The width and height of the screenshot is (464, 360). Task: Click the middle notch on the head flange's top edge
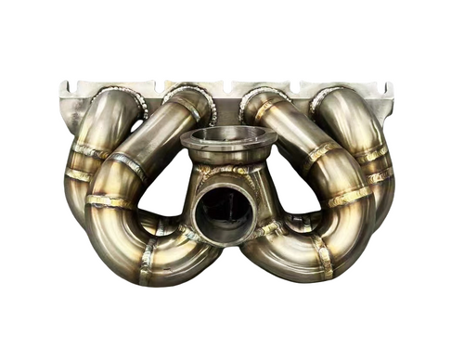click(227, 84)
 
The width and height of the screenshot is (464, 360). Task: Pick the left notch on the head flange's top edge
click(153, 86)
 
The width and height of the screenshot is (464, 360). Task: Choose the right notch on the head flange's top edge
click(302, 86)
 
